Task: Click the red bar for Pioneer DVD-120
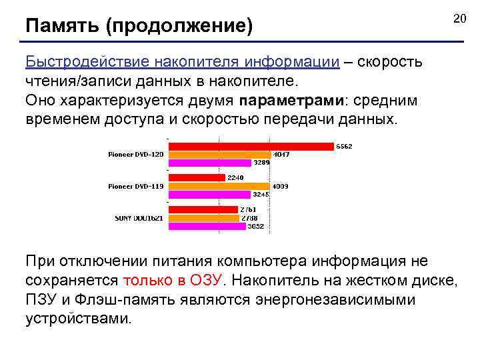(x=251, y=146)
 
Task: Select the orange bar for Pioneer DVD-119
(x=219, y=187)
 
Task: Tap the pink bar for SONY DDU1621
(x=207, y=226)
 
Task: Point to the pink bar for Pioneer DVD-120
(x=209, y=162)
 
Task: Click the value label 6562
(x=345, y=146)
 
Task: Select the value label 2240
(x=235, y=178)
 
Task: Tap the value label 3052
(x=256, y=226)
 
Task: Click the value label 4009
(x=279, y=187)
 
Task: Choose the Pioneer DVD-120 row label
(x=135, y=154)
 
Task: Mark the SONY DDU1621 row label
(x=139, y=218)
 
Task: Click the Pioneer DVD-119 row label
(x=135, y=187)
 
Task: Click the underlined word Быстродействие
(x=89, y=62)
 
